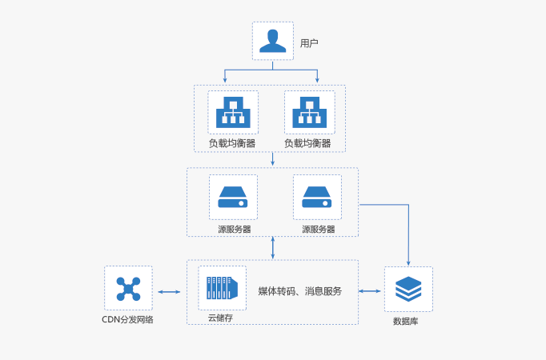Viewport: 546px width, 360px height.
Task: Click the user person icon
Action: (273, 41)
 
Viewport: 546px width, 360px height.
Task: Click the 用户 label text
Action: (309, 42)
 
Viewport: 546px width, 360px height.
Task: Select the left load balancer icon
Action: (233, 114)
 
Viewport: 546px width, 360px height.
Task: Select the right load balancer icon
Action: (308, 114)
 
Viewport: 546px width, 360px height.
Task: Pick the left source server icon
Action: (233, 197)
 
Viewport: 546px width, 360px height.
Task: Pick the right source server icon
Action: (317, 197)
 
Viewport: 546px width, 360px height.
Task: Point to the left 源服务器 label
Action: (234, 229)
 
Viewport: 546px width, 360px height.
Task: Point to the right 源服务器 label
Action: (318, 229)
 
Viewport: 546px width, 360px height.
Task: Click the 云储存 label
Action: (220, 318)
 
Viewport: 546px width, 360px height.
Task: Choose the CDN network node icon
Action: (128, 289)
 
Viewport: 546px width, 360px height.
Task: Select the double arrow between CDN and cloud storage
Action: (169, 292)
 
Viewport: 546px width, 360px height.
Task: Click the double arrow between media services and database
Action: (370, 291)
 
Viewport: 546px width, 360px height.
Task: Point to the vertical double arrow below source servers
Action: (274, 247)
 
